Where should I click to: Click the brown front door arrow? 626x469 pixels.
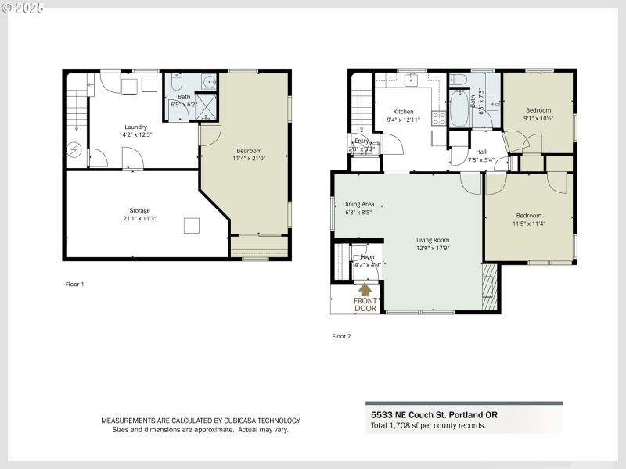365,288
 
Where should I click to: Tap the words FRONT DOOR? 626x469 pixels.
365,305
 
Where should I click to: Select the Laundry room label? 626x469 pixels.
135,127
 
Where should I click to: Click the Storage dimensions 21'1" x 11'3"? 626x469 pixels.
139,218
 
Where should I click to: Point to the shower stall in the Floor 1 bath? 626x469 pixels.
207,106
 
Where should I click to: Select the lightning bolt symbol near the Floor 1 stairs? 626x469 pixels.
75,149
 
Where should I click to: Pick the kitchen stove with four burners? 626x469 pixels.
439,118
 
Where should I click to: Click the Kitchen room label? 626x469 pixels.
403,111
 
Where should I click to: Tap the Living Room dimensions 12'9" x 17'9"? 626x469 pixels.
431,249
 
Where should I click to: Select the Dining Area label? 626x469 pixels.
359,204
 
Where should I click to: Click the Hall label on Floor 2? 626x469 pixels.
481,152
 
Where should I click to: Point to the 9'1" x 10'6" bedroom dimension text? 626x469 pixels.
538,119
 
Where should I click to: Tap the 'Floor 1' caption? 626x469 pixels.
74,284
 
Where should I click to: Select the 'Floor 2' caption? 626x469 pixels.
341,336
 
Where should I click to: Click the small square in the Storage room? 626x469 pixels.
191,226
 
